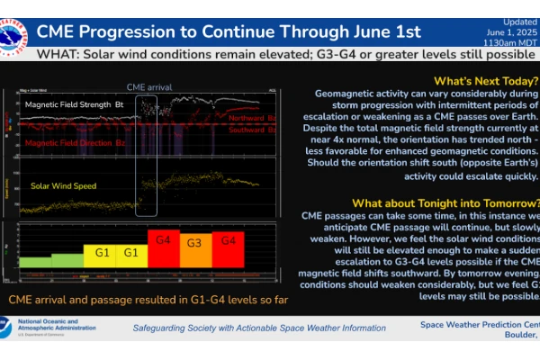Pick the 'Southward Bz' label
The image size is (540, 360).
point(252,130)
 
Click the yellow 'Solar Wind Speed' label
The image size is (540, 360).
point(64,185)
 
